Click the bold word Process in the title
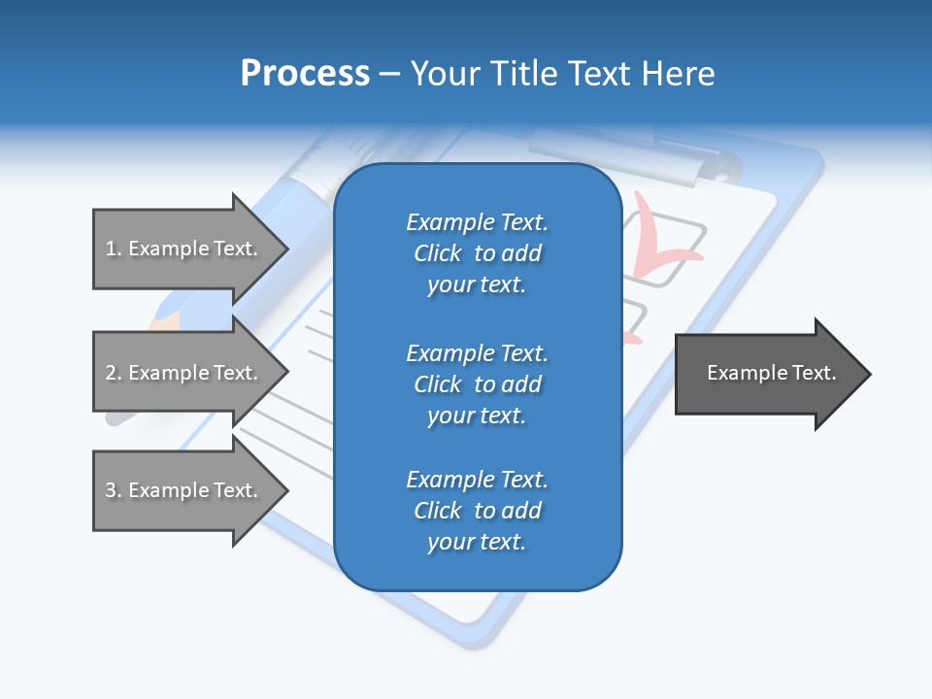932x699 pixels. (x=305, y=74)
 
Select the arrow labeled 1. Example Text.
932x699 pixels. (x=184, y=249)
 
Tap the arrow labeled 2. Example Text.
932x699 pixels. (x=184, y=373)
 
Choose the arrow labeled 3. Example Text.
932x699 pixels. (x=184, y=490)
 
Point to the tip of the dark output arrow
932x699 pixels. (x=869, y=374)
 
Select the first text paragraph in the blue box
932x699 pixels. (x=477, y=253)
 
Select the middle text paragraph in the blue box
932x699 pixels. (x=477, y=384)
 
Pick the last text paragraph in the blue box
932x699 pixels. (x=477, y=511)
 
